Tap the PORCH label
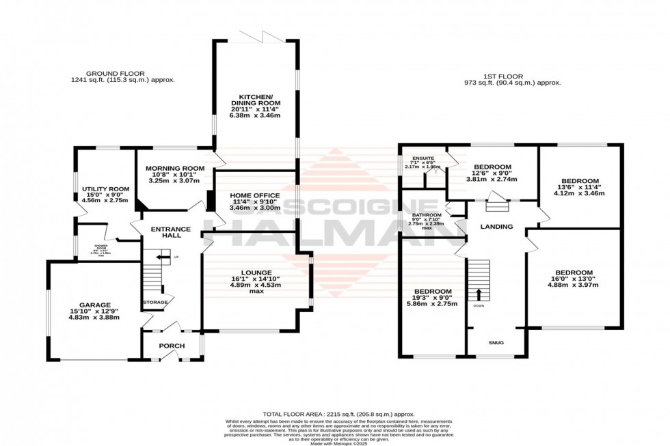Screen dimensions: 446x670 point(172,346)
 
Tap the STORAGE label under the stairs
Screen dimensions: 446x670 point(155,302)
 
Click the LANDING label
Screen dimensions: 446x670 point(496,226)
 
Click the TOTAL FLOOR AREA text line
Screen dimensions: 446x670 point(339,415)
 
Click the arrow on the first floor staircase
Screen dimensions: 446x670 point(478,294)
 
